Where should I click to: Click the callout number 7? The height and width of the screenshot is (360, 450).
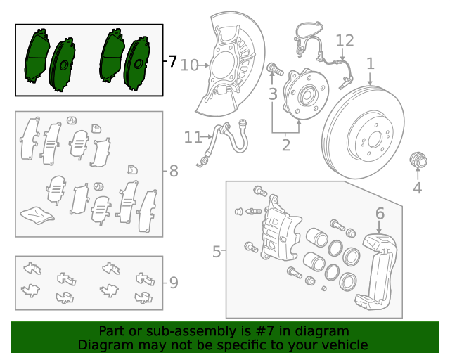[172, 61]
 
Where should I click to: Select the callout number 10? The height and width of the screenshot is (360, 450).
[189, 65]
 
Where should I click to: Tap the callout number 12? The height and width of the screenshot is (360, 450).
[345, 40]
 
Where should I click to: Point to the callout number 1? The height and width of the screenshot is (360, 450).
[370, 63]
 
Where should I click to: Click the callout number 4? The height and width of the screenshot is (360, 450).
[417, 188]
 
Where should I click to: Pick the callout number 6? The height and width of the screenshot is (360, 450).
[380, 213]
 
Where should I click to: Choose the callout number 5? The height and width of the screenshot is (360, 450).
[217, 250]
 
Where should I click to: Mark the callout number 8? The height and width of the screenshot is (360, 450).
[173, 170]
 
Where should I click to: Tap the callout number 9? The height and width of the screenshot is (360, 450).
[173, 283]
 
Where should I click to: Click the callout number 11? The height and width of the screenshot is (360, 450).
[193, 138]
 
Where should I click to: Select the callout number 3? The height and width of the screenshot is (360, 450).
[273, 94]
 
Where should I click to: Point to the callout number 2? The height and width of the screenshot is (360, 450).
[285, 146]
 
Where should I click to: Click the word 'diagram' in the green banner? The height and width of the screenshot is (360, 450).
[324, 331]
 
